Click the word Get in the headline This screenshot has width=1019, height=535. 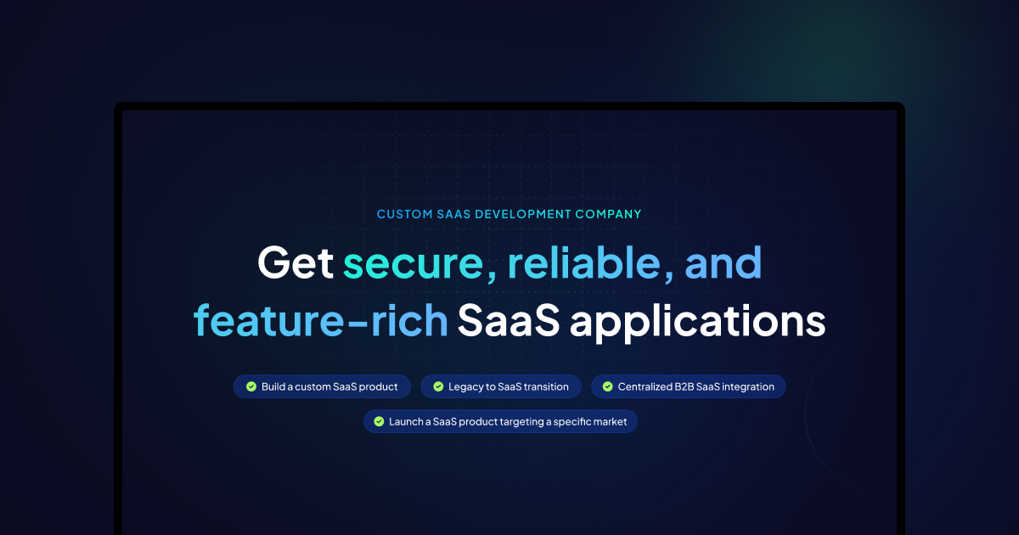pos(295,263)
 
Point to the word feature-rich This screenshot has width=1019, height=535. pos(320,321)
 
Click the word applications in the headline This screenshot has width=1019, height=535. pos(697,321)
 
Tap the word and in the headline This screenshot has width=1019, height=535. pos(723,263)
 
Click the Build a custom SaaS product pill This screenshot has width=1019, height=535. pos(322,386)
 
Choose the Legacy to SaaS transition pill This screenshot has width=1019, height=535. pos(501,386)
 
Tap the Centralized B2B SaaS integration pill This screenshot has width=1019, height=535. pos(688,386)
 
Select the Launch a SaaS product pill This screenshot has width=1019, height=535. pos(500,421)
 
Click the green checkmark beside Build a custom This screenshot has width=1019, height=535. pos(251,386)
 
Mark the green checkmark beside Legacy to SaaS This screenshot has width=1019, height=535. pos(438,386)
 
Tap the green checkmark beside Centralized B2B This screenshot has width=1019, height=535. pos(608,386)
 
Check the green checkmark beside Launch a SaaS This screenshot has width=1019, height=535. pos(379,421)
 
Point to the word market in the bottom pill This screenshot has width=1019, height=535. pos(610,421)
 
